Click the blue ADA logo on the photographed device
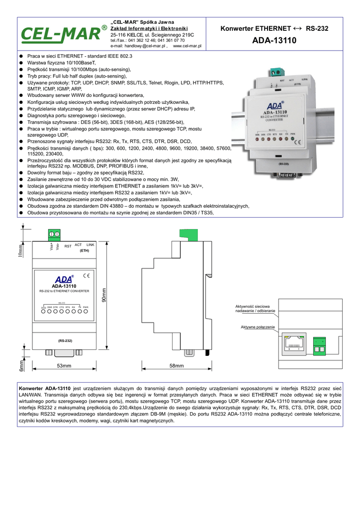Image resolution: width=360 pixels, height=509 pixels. pos(275,106)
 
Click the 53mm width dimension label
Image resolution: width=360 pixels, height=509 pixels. pos(64,366)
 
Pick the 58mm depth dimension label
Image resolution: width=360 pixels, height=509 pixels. pos(177,366)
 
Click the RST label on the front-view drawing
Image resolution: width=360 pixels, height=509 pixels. pos(68,246)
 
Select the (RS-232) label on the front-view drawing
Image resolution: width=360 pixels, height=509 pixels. pos(65,341)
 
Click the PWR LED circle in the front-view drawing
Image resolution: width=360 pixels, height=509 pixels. pos(86,312)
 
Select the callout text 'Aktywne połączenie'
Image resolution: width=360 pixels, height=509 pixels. pos(258,327)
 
